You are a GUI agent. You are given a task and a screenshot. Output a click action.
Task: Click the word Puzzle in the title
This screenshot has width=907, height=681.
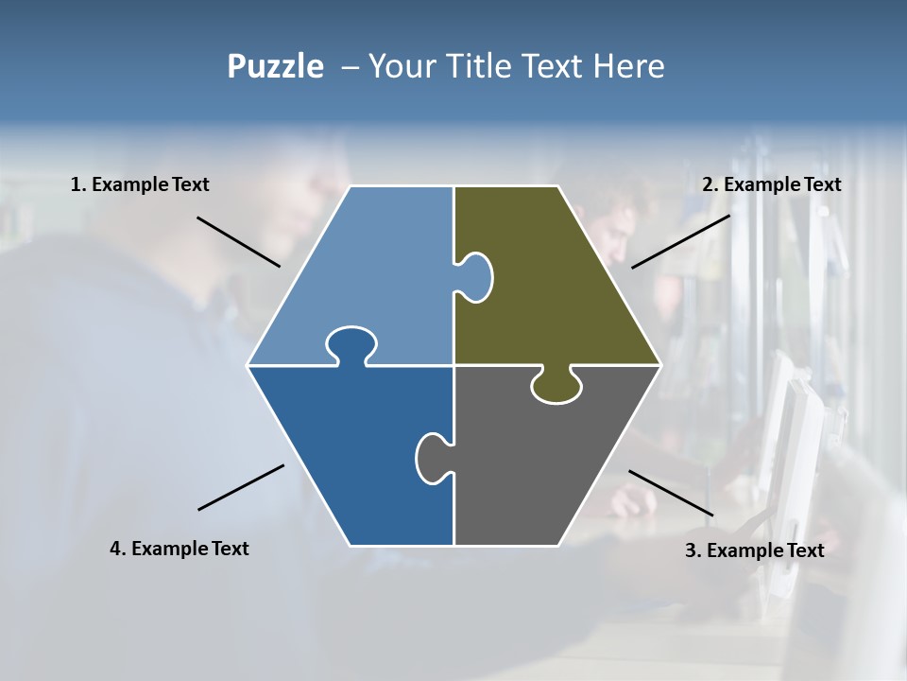(x=275, y=67)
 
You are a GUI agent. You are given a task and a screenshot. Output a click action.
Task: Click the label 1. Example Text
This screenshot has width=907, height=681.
(x=140, y=184)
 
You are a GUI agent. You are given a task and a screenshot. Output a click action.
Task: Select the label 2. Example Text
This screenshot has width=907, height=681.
(x=771, y=184)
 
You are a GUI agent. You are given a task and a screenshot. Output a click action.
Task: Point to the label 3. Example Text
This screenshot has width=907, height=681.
(x=754, y=550)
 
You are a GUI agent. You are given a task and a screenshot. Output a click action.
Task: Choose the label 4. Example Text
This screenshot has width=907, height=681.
(x=180, y=549)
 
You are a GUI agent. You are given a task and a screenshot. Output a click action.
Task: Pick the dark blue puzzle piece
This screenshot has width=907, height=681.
(x=350, y=454)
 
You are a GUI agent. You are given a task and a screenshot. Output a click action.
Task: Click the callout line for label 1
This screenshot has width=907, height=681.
(x=238, y=242)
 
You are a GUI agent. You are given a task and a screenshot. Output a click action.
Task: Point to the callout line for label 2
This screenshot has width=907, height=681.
(x=680, y=241)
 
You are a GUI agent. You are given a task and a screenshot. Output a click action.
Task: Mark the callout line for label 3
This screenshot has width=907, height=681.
(x=671, y=493)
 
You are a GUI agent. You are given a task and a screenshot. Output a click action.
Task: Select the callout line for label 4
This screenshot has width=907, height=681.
(x=241, y=487)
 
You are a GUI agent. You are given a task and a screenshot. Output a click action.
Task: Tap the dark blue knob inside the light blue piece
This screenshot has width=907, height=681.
(x=350, y=344)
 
